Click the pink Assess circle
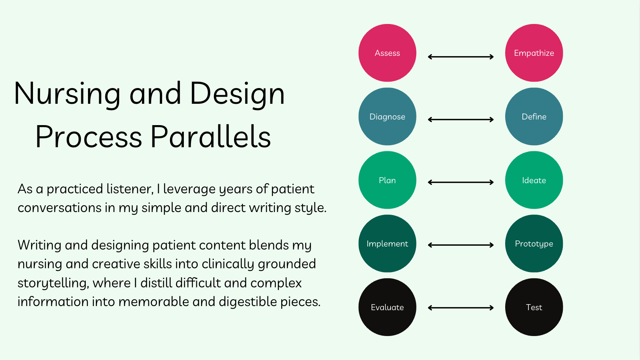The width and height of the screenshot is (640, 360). (387, 53)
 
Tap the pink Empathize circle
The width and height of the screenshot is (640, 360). (534, 53)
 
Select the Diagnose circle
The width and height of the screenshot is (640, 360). (387, 117)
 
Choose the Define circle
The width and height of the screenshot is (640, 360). (534, 117)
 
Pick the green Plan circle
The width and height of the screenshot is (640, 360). (387, 180)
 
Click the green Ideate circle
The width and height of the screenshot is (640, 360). (534, 180)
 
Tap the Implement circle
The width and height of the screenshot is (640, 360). (387, 243)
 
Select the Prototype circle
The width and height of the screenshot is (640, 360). (534, 243)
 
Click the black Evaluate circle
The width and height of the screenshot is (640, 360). (387, 307)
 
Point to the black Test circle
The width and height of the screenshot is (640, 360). (534, 307)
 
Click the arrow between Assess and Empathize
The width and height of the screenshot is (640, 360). (461, 57)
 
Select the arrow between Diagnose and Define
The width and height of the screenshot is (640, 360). (461, 120)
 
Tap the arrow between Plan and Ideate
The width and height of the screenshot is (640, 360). (461, 182)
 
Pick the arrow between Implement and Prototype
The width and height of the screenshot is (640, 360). (461, 245)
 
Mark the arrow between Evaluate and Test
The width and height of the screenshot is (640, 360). (461, 308)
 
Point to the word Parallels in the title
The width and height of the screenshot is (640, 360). (211, 137)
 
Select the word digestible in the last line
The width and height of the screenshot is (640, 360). (248, 302)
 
